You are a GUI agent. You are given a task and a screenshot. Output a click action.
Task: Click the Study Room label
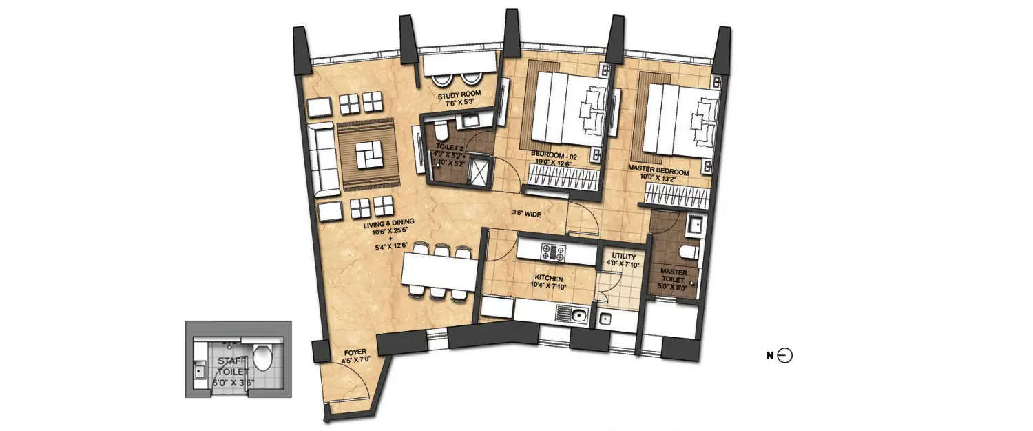coord(460,94)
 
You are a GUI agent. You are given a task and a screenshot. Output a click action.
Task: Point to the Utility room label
coord(618,257)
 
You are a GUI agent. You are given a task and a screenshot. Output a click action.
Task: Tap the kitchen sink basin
coord(577,316)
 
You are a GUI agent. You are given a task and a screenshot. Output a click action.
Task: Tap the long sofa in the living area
coord(324,161)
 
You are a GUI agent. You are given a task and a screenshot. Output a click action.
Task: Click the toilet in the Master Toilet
coord(691,253)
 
